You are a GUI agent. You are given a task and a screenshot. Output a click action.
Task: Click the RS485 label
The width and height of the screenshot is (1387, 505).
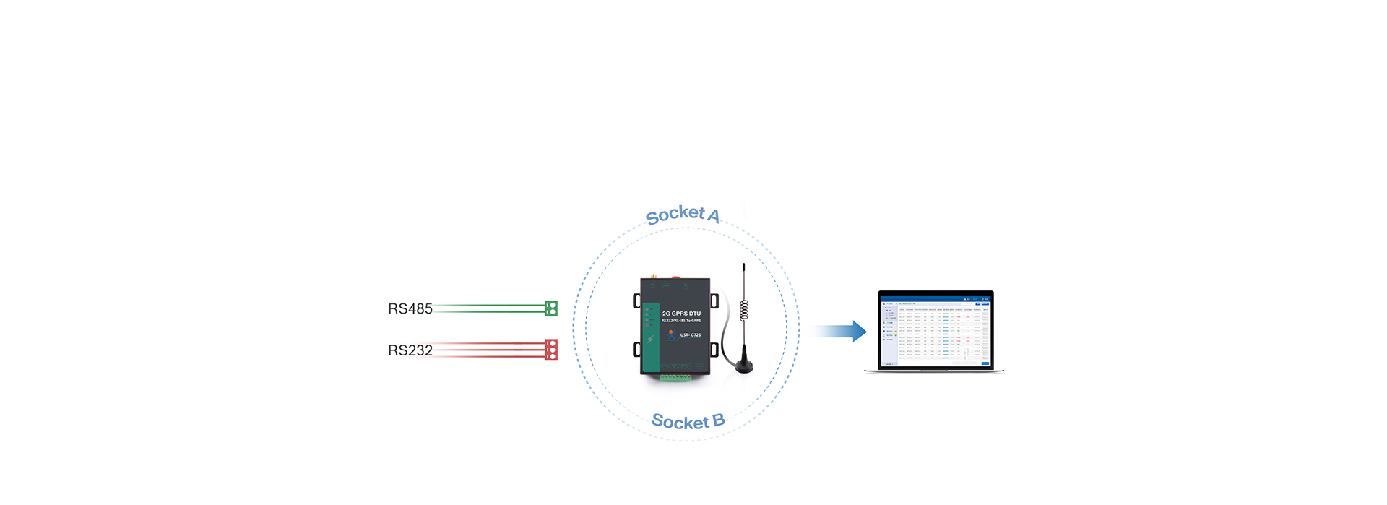(410, 309)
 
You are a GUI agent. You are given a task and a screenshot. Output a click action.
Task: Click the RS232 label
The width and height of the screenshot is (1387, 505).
(410, 350)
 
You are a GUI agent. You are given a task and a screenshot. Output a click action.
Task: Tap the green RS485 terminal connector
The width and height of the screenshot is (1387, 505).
(551, 308)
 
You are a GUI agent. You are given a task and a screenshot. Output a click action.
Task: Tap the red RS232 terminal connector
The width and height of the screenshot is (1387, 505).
(551, 350)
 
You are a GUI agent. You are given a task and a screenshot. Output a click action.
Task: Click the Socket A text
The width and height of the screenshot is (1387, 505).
(682, 214)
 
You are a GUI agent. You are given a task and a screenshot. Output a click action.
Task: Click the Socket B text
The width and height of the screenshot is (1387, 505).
(687, 421)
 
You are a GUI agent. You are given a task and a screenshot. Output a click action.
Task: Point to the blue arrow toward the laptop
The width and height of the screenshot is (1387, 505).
(838, 331)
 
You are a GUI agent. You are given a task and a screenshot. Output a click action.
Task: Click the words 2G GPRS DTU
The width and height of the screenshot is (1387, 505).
(681, 314)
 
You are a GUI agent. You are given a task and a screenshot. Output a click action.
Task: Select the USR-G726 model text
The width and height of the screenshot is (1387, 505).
(690, 335)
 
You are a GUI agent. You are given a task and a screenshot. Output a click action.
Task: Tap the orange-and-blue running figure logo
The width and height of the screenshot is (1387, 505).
(670, 334)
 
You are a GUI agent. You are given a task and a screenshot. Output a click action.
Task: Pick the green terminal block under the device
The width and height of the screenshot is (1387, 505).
(675, 378)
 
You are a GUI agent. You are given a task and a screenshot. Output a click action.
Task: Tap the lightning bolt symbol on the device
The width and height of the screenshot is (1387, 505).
(650, 340)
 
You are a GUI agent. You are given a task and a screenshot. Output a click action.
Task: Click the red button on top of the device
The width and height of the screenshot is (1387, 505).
(676, 277)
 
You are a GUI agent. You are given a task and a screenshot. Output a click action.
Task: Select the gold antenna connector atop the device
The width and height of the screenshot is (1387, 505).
(652, 276)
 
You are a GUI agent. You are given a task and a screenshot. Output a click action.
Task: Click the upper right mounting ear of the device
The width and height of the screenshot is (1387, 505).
(714, 301)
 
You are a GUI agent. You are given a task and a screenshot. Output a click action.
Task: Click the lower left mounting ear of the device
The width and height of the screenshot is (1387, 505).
(636, 350)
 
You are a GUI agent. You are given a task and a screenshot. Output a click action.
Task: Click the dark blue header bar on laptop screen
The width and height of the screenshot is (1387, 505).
(936, 298)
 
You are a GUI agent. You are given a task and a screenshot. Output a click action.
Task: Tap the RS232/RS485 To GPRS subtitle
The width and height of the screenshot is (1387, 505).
(681, 321)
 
